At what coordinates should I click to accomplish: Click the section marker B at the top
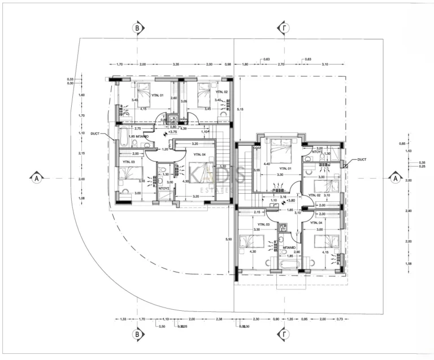(x=136, y=28)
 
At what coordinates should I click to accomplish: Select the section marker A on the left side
(x=36, y=177)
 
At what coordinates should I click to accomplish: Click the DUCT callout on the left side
(x=94, y=134)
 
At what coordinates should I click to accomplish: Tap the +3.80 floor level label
(x=290, y=200)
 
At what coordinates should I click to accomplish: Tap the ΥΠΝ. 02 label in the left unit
(x=221, y=92)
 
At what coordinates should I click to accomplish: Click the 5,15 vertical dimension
(x=240, y=109)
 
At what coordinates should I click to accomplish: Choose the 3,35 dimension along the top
(x=176, y=64)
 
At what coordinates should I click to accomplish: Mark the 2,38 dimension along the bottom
(x=219, y=319)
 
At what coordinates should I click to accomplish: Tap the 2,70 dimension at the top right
(x=280, y=64)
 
